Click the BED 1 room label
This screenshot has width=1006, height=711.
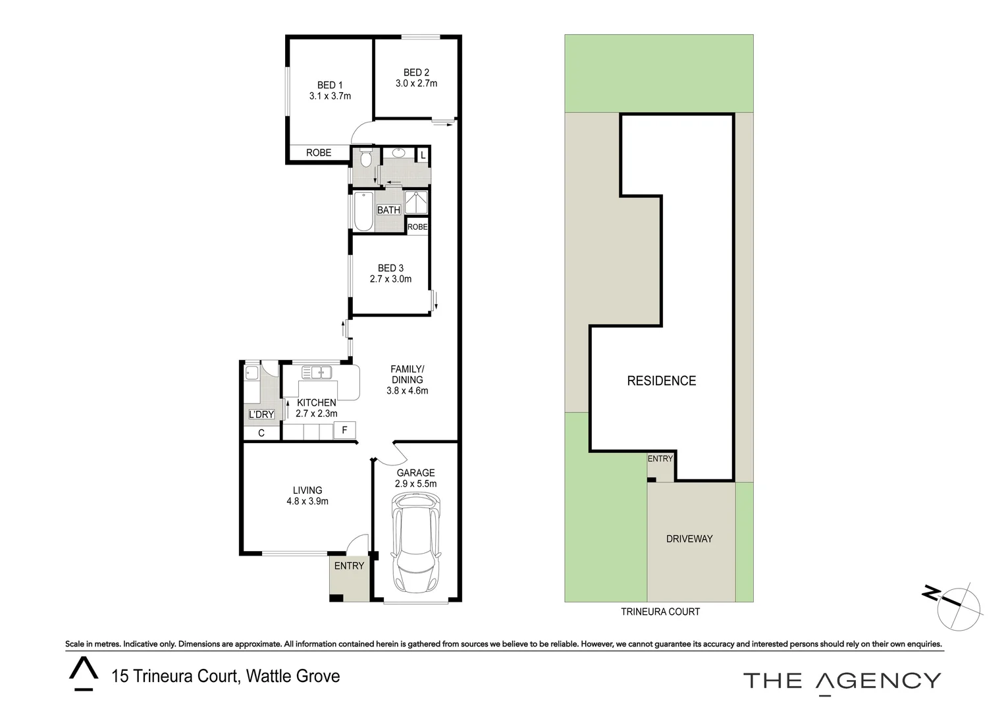click(x=330, y=85)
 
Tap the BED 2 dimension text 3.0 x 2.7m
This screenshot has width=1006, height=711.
click(x=416, y=84)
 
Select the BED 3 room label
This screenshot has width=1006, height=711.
click(x=390, y=268)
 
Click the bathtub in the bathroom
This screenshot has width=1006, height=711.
click(x=363, y=211)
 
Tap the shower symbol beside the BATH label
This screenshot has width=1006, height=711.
click(x=415, y=203)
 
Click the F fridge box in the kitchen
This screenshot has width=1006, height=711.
click(x=344, y=431)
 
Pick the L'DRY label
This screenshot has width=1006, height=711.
click(x=261, y=414)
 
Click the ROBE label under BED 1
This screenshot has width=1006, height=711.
click(x=319, y=153)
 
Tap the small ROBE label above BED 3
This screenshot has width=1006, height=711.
click(x=417, y=227)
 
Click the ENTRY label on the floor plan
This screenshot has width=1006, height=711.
click(x=349, y=566)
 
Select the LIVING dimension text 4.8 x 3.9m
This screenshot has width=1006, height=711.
click(x=307, y=501)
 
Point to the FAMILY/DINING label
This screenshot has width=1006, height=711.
click(x=407, y=374)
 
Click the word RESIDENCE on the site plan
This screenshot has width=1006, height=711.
click(x=661, y=381)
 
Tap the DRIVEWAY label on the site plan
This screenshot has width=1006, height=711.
click(x=689, y=539)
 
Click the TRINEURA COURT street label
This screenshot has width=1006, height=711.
click(x=660, y=612)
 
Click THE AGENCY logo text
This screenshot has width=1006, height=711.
click(x=842, y=681)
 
